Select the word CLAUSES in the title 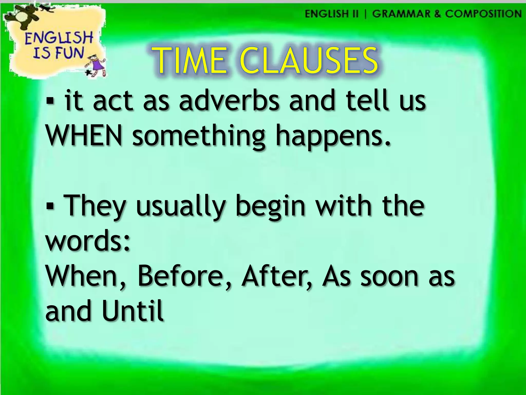[x=308, y=61]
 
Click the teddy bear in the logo [x=24, y=15]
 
